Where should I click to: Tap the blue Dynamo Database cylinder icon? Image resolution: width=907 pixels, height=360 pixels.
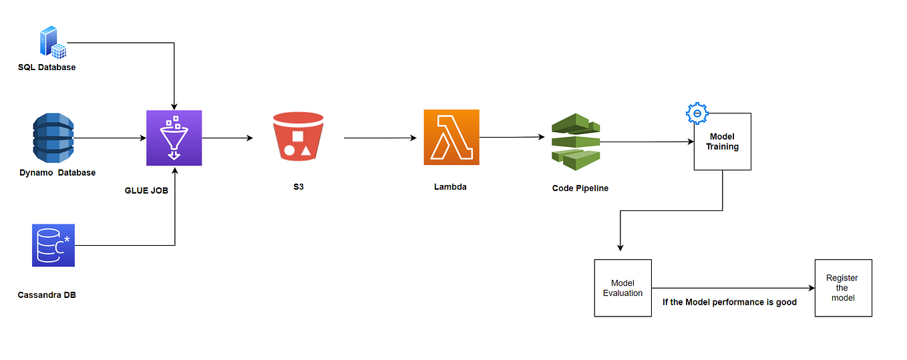53,138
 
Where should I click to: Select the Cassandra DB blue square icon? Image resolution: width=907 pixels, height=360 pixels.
53,245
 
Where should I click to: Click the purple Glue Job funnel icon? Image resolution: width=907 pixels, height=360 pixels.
174,138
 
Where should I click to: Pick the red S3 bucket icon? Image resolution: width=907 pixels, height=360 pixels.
298,138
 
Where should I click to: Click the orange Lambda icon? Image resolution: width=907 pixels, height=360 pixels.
451,138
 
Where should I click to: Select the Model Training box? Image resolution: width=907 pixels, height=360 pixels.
723,142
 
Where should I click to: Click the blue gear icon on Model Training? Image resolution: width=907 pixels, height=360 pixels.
697,114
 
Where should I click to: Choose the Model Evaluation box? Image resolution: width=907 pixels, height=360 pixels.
622,288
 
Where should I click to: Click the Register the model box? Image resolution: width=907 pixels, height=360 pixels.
843,288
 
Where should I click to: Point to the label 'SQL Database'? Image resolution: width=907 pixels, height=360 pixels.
47,67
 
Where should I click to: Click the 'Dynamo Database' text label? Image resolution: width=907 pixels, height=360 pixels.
57,172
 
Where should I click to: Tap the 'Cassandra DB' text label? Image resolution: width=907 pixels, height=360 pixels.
47,295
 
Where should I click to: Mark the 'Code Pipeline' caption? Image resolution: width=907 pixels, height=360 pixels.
580,188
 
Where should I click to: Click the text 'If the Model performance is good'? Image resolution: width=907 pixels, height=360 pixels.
729,302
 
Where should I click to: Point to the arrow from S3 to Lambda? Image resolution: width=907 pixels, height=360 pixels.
380,138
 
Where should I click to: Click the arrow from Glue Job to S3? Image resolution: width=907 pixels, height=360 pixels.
227,138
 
